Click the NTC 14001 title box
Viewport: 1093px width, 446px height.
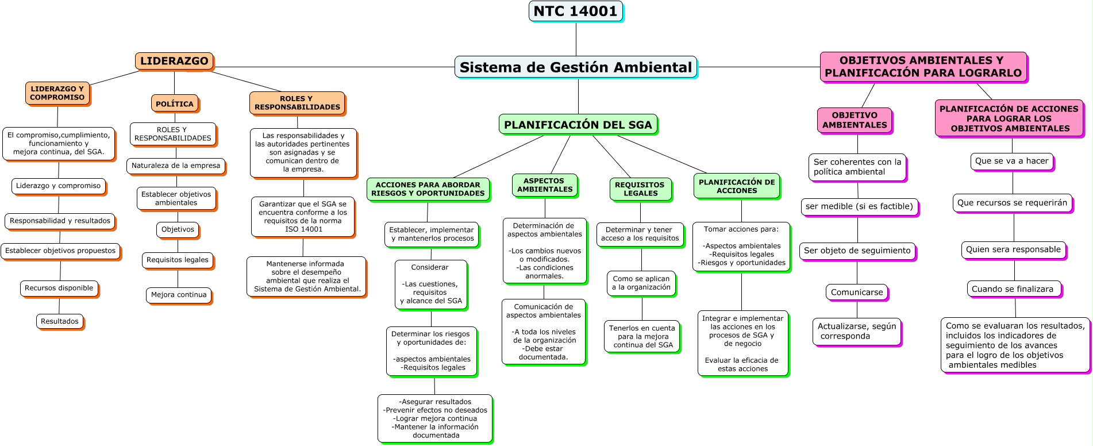coord(575,11)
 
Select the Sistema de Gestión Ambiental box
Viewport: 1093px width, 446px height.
coord(576,67)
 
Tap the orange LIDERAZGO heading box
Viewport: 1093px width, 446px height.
coord(174,61)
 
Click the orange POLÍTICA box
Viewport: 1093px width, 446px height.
coord(175,103)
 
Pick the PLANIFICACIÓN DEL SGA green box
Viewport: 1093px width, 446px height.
coord(578,125)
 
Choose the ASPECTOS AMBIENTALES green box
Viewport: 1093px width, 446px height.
coord(545,185)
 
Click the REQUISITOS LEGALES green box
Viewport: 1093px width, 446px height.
coord(640,189)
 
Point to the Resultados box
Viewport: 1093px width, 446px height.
coord(60,321)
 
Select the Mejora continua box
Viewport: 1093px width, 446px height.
coord(179,295)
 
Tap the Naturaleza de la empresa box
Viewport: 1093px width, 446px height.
coord(176,166)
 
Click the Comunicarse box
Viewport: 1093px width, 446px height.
coord(856,292)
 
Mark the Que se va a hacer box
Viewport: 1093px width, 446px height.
coord(1011,161)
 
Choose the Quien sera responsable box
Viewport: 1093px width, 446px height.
coord(1013,249)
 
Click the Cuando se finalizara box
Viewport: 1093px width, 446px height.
coord(1013,289)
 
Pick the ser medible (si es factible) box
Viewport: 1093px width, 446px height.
coord(859,206)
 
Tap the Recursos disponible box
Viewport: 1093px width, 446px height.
coord(59,288)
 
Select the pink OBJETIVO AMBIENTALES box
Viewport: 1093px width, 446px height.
coord(855,120)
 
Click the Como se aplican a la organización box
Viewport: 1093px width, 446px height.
coord(641,283)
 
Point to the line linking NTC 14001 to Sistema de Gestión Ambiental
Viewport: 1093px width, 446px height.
coord(576,39)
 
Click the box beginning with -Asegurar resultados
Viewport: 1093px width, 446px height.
coord(435,418)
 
